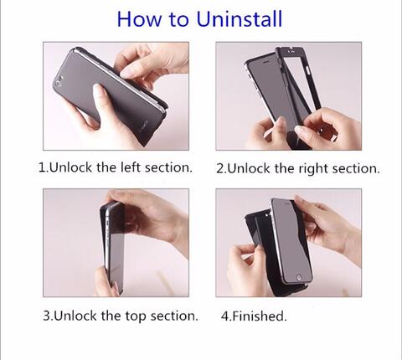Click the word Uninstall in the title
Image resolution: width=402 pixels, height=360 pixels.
[240, 19]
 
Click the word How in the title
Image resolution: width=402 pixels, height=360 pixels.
[139, 19]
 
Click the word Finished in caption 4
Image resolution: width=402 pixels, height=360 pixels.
[258, 316]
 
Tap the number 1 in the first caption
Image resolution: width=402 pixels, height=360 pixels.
[42, 167]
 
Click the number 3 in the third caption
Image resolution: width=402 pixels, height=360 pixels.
[46, 316]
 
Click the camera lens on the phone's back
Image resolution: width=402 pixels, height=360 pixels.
[59, 83]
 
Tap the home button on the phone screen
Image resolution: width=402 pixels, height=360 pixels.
[299, 277]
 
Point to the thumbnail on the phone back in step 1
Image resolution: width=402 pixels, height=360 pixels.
[98, 90]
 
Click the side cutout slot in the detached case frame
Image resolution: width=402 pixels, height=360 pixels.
[308, 70]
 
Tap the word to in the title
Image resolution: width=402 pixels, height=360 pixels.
[178, 19]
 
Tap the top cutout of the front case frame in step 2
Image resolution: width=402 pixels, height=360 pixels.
[291, 49]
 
